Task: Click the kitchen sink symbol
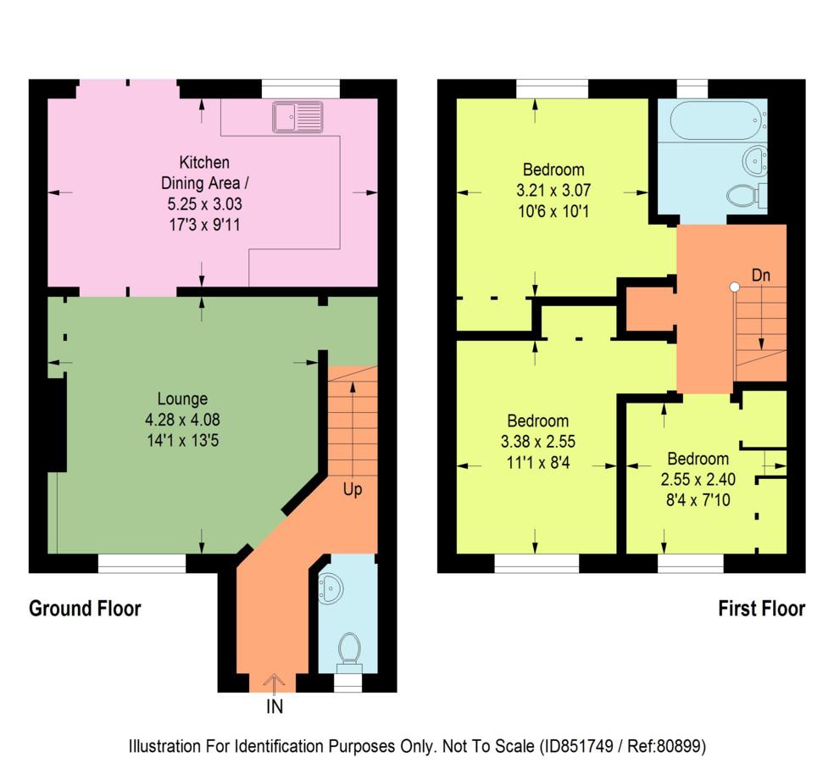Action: pos(297,116)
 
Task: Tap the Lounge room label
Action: pos(182,398)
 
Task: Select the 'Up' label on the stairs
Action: pos(352,489)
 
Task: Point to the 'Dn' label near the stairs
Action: pos(760,275)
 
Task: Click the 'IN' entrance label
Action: pos(275,706)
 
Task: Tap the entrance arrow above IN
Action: pos(274,684)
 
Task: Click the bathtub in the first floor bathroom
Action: pos(718,120)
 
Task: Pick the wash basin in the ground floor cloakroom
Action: pos(331,588)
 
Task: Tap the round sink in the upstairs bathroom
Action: pos(754,159)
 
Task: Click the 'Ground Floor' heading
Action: pos(85,608)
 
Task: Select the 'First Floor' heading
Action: pos(762,608)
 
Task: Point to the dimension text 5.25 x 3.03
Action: pos(205,203)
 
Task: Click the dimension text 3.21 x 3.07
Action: pos(553,190)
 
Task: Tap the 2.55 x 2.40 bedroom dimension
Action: pos(698,479)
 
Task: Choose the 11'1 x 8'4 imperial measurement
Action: pos(537,462)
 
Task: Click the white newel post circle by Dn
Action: pos(735,287)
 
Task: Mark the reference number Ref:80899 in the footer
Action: pos(666,746)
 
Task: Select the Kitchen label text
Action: pos(204,162)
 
